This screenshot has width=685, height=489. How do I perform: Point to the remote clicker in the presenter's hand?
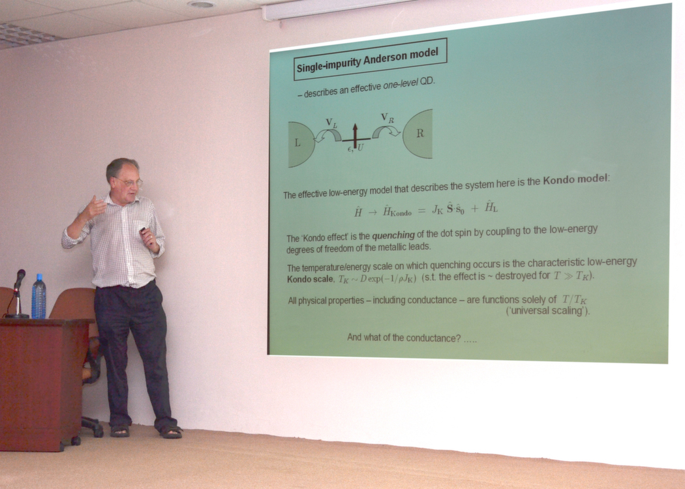[143, 230]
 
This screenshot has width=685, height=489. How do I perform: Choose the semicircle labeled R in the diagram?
[418, 134]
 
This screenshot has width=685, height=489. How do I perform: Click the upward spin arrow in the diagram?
[355, 136]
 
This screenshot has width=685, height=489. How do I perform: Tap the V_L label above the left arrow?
[331, 124]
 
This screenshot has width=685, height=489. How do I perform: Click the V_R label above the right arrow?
[388, 117]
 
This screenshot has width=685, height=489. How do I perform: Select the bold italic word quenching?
[393, 235]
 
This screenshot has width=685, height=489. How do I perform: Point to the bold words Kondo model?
[575, 179]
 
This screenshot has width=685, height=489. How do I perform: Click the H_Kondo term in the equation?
[397, 211]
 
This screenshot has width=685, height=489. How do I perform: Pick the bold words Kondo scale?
[311, 279]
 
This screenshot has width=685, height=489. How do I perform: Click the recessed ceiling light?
[202, 5]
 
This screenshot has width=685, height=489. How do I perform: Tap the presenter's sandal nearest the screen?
[171, 432]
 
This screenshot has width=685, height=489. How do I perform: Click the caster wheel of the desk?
[76, 441]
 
